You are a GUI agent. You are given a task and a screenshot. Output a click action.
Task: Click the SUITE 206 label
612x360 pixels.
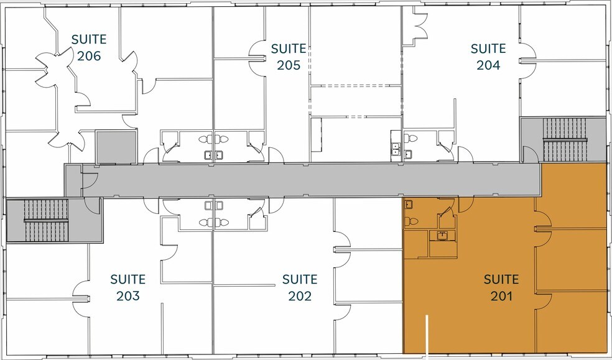click(x=88, y=47)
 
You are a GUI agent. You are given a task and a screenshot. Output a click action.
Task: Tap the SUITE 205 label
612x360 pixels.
click(x=289, y=57)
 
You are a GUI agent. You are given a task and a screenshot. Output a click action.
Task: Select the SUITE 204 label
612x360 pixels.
click(x=488, y=57)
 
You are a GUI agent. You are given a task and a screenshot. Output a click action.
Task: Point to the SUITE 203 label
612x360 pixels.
click(x=127, y=287)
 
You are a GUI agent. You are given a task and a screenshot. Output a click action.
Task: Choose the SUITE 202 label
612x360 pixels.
click(x=300, y=287)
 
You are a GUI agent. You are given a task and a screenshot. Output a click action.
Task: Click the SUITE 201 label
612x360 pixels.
click(x=501, y=287)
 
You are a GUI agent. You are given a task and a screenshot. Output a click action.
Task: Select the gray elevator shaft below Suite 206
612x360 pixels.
click(x=116, y=147)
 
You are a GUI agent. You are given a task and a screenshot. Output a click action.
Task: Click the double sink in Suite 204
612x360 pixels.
click(x=395, y=148)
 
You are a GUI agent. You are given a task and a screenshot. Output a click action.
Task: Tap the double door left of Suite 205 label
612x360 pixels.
click(x=257, y=57)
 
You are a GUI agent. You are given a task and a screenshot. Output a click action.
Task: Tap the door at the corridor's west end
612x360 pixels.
click(x=89, y=180)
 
